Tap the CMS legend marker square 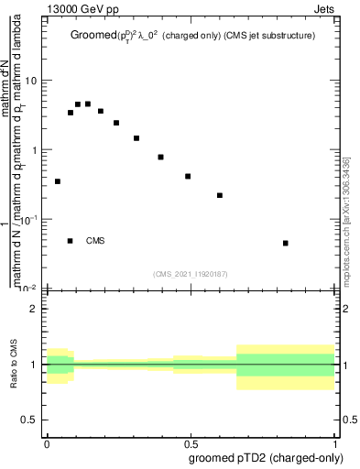pyautogui.click(x=71, y=241)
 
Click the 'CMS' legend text pyautogui.click(x=95, y=241)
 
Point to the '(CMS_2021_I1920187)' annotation pyautogui.click(x=191, y=273)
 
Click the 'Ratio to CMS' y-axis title pyautogui.click(x=15, y=365)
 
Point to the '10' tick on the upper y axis pyautogui.click(x=31, y=81)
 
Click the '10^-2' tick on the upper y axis pyautogui.click(x=27, y=289)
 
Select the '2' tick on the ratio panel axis pyautogui.click(x=34, y=309)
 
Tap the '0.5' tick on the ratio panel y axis pyautogui.click(x=29, y=420)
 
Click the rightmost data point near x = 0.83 pyautogui.click(x=286, y=243)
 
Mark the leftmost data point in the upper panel pyautogui.click(x=58, y=181)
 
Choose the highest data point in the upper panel pyautogui.click(x=88, y=104)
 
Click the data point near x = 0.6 pyautogui.click(x=220, y=195)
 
